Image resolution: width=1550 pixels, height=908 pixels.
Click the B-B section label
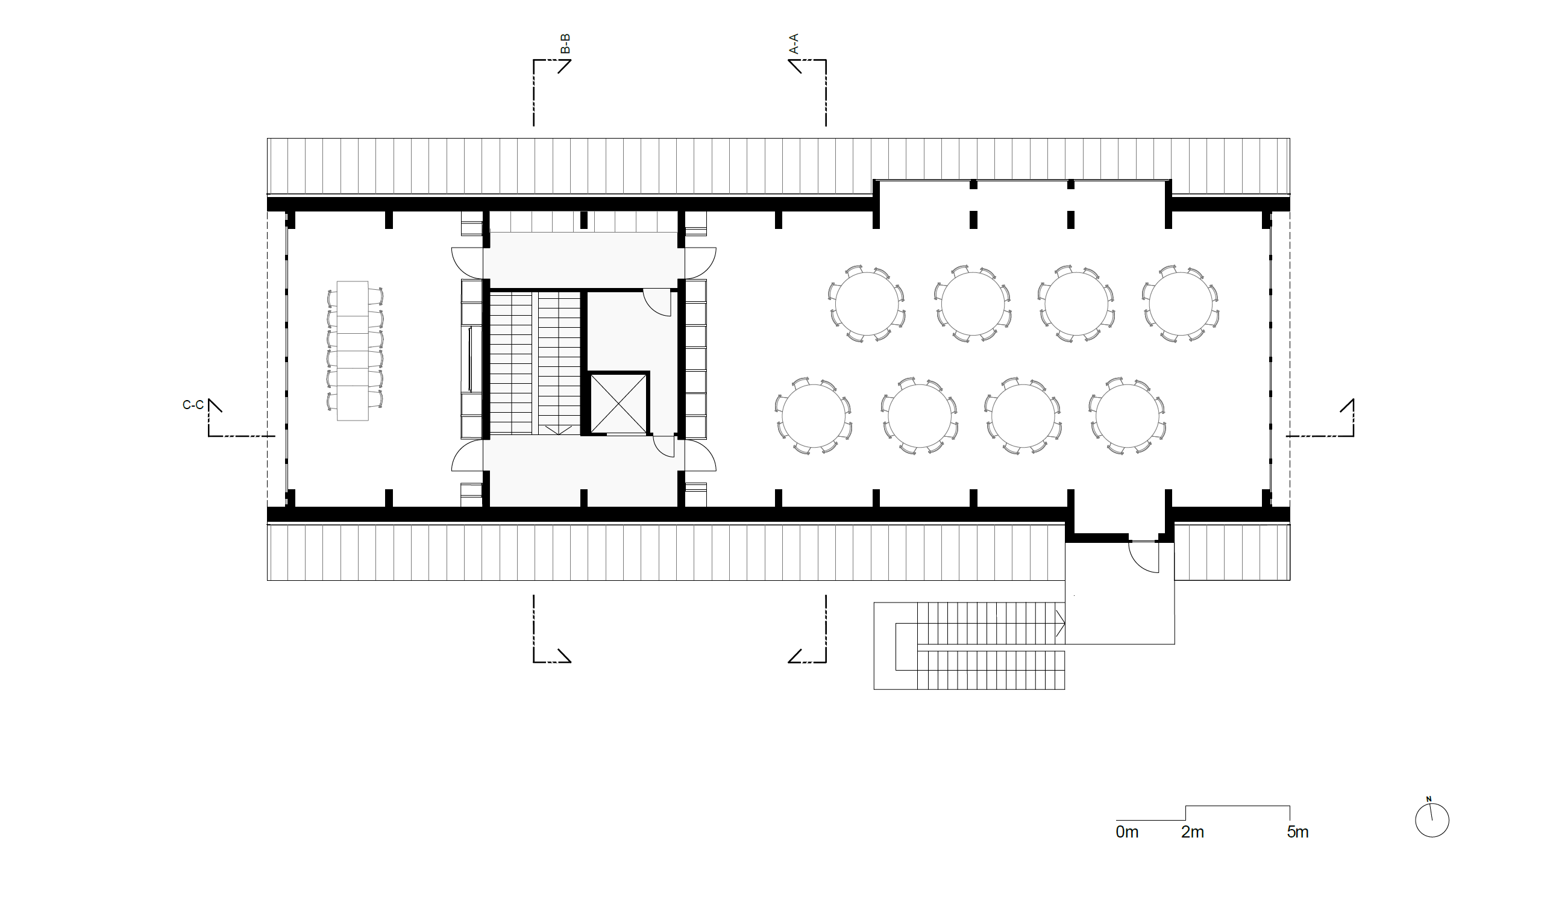(x=566, y=44)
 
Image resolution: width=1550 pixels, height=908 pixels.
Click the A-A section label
(x=794, y=44)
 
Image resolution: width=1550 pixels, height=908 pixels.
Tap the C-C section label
(x=193, y=405)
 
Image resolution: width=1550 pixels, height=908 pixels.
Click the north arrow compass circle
(x=1432, y=820)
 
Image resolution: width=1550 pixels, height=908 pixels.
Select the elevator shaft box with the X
(x=619, y=403)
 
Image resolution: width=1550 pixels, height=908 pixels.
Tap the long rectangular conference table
(x=353, y=351)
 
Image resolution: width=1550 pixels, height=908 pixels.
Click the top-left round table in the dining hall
(x=867, y=304)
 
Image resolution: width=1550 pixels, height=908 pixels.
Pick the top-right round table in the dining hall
(x=1181, y=304)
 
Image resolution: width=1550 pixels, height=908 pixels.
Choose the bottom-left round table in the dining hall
(x=814, y=416)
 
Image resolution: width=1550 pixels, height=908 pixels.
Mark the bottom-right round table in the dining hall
(x=1128, y=416)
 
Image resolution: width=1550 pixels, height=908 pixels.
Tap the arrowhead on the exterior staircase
(x=1061, y=623)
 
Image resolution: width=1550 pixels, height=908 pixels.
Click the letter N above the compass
(x=1429, y=799)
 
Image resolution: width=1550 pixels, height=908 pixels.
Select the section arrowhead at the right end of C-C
(x=1347, y=405)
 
